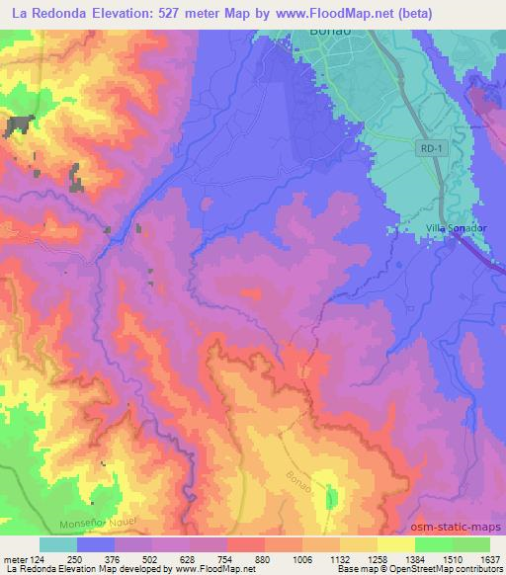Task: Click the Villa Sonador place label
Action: click(x=457, y=228)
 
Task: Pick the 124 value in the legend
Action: click(x=38, y=559)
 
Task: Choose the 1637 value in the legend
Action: click(x=490, y=559)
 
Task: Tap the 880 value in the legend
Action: click(x=265, y=559)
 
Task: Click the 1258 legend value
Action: click(x=378, y=559)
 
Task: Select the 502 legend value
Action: click(x=153, y=559)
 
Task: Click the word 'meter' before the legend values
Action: click(x=14, y=559)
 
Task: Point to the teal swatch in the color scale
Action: click(x=58, y=544)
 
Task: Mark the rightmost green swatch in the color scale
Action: click(x=471, y=544)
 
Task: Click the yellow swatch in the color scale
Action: click(x=396, y=544)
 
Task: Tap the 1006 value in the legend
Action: click(x=301, y=559)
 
